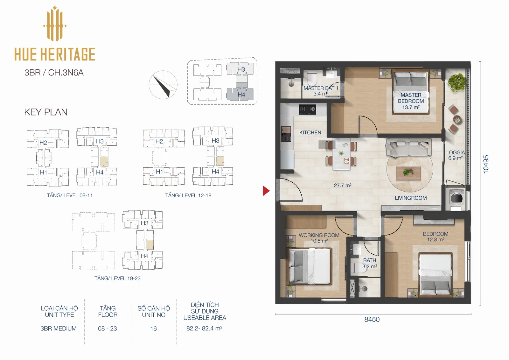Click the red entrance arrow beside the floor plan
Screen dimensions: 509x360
coord(266,191)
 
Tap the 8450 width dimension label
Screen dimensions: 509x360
coord(372,320)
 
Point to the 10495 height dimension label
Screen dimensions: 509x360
coord(485,164)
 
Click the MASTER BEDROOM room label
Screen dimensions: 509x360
coord(411,98)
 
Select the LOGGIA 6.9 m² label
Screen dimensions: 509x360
coord(455,155)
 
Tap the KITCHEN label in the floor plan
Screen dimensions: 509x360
coord(310,133)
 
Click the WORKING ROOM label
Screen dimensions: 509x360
coord(319,235)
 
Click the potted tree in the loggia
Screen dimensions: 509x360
coord(457,82)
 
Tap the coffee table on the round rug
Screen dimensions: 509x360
coord(408,173)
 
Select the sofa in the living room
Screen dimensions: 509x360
coord(408,147)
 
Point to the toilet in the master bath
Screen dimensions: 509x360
coord(311,78)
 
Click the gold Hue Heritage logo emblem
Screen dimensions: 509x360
coord(55,24)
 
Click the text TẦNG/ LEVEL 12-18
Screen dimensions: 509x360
coord(188,195)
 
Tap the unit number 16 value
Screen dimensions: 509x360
coord(153,328)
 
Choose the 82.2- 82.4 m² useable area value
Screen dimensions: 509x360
coord(204,328)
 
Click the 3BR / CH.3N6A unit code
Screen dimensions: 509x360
coord(54,73)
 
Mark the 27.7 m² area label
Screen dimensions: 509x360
coord(342,185)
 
